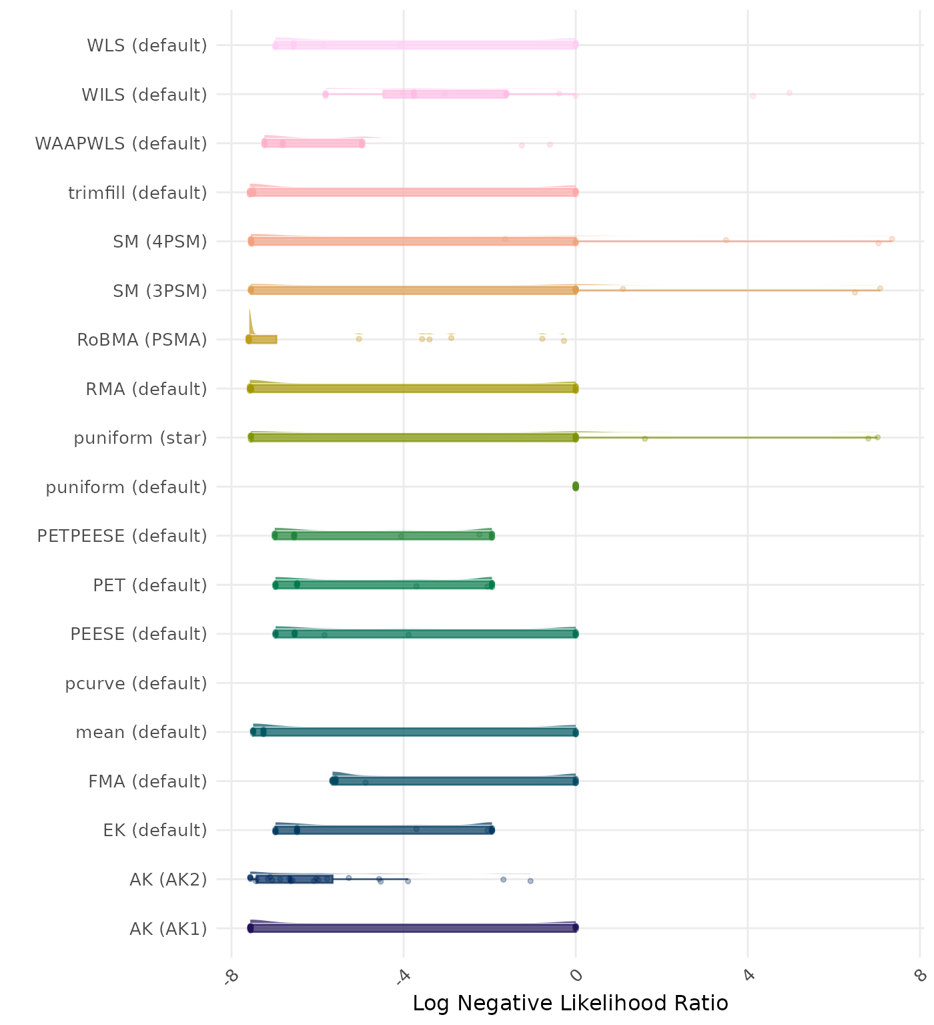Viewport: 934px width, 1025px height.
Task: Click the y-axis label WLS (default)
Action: coord(147,45)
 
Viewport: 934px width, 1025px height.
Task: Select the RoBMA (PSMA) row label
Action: coord(141,340)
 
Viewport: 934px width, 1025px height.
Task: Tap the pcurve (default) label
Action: coord(136,683)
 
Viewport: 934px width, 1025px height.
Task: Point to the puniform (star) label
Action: coord(140,438)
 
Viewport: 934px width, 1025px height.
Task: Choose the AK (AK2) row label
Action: coord(168,880)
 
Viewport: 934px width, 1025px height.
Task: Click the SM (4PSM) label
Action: coord(160,242)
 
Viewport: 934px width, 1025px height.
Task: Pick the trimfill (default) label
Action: coord(137,193)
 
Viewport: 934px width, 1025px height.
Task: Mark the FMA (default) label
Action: coord(147,781)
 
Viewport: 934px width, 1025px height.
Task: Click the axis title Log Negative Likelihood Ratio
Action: coord(570,1003)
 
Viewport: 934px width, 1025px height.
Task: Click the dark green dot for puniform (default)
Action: coord(576,486)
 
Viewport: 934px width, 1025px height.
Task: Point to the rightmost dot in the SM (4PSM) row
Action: coord(892,239)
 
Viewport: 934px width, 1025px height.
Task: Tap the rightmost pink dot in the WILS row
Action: coord(789,93)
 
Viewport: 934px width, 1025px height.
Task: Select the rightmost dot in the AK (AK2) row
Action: coord(530,881)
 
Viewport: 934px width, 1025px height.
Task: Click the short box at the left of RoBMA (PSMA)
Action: coord(262,340)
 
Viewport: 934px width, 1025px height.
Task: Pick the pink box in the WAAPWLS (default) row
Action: coord(313,143)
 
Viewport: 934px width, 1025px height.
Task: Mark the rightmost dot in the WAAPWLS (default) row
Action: coord(550,144)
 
